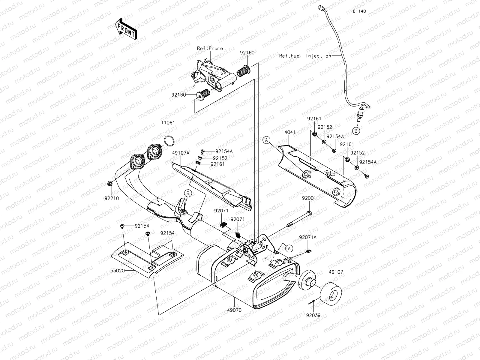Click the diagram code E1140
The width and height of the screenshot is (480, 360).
click(x=359, y=11)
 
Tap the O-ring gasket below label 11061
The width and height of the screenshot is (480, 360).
click(x=169, y=140)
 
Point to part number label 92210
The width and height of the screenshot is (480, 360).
click(x=112, y=198)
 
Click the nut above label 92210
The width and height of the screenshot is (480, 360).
click(x=110, y=183)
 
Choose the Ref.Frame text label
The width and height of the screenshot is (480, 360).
click(x=210, y=48)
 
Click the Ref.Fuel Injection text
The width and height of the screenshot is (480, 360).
click(x=305, y=56)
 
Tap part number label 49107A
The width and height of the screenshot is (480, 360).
click(x=181, y=153)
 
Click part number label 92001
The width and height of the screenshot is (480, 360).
click(x=309, y=198)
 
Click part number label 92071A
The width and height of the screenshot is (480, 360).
click(x=307, y=237)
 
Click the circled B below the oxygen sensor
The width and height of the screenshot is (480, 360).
click(x=356, y=131)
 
